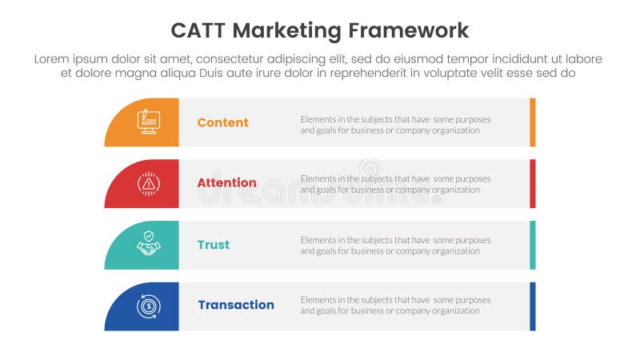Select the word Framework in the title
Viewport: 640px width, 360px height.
(x=409, y=31)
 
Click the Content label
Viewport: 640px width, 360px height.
(x=222, y=122)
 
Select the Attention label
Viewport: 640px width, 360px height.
(x=226, y=183)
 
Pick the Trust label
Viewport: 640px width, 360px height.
(x=213, y=245)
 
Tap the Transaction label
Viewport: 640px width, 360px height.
(x=235, y=305)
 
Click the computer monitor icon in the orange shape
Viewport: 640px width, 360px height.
(x=148, y=122)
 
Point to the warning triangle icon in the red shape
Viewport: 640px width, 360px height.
(x=148, y=183)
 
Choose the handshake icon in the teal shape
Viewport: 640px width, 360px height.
(x=148, y=244)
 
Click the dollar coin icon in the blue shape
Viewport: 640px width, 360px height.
(x=148, y=306)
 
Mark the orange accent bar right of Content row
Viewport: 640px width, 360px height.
(x=533, y=122)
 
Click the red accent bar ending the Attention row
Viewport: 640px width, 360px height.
(x=533, y=183)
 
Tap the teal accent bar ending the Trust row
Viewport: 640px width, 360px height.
(x=533, y=245)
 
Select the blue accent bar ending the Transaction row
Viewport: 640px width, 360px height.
(x=533, y=306)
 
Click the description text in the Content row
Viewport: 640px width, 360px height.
(x=395, y=125)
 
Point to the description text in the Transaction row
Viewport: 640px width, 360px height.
(x=395, y=305)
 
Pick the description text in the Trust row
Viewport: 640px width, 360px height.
(x=395, y=245)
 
